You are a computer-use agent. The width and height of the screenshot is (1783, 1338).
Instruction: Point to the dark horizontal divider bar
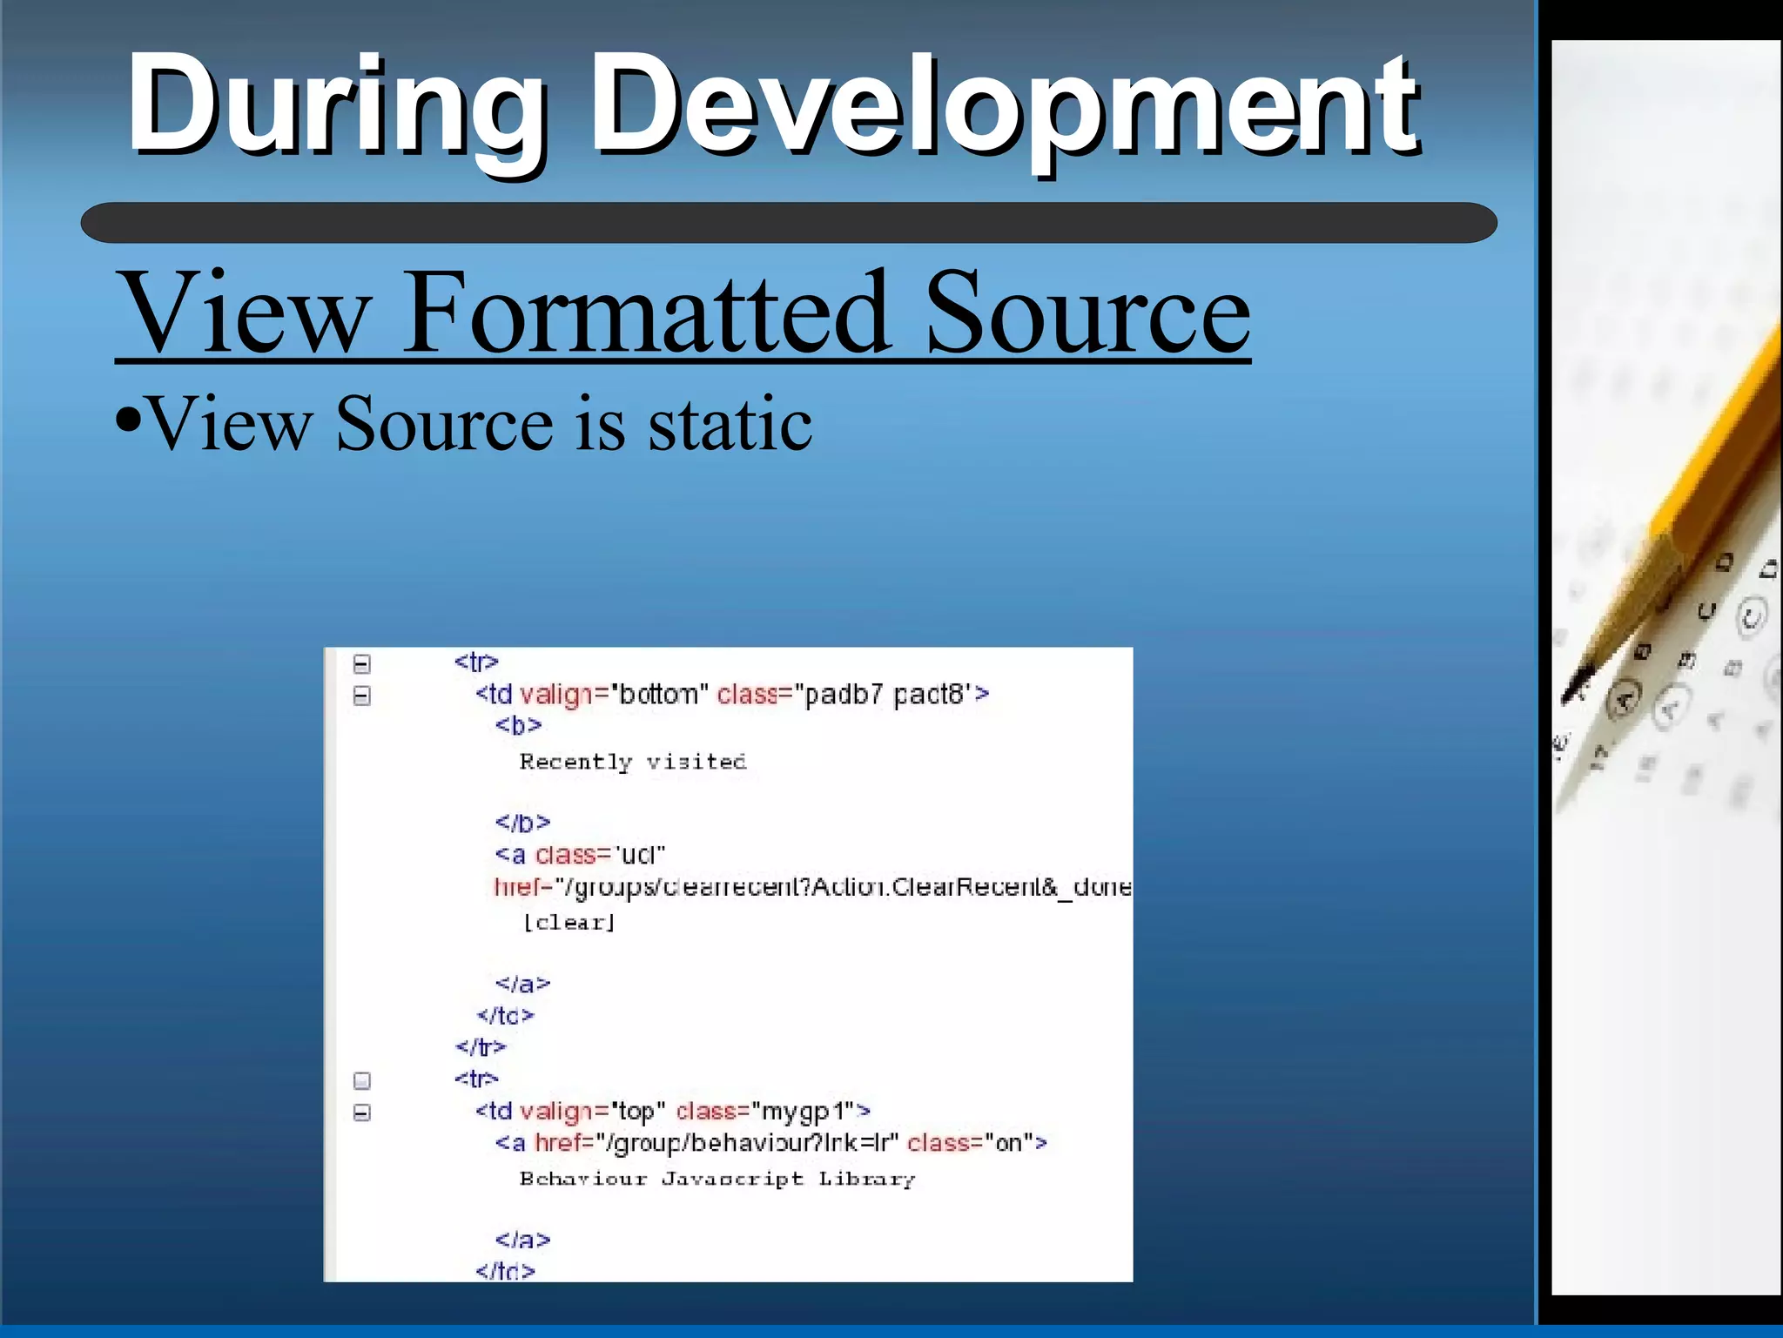tap(788, 223)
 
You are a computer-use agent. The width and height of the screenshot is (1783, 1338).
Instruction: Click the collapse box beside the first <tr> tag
tap(362, 664)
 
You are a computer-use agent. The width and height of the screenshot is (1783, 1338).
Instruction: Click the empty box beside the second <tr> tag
tap(362, 1080)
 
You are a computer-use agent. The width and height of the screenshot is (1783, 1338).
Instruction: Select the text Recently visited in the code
tap(633, 762)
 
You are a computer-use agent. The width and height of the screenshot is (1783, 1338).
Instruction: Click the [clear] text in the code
tap(569, 922)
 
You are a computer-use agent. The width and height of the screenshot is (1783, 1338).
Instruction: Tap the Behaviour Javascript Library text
tap(717, 1179)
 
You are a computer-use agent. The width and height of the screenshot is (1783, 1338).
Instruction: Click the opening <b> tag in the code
tap(518, 725)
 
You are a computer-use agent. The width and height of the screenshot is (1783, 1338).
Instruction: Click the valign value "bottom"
tap(659, 694)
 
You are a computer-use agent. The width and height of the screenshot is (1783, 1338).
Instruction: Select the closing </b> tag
tap(522, 823)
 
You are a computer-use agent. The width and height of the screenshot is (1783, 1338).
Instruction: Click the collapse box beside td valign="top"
tap(362, 1113)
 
